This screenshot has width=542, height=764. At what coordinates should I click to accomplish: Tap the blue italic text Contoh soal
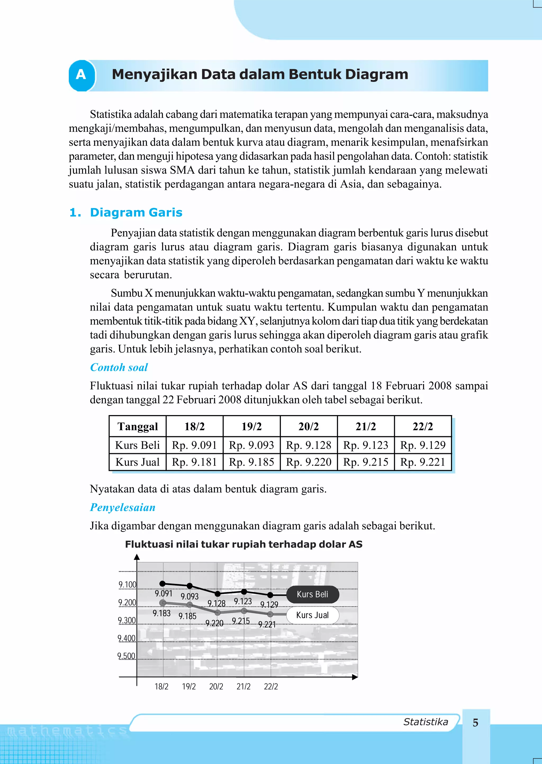pyautogui.click(x=119, y=367)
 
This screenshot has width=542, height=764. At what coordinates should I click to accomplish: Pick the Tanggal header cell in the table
pyautogui.click(x=138, y=426)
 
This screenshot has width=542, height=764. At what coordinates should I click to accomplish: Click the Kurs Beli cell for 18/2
pyautogui.click(x=194, y=445)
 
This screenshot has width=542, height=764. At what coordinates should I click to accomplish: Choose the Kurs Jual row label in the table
pyautogui.click(x=138, y=462)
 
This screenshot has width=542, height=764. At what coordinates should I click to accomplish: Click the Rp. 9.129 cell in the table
pyautogui.click(x=423, y=445)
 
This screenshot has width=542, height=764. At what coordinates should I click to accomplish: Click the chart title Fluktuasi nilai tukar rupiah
pyautogui.click(x=244, y=544)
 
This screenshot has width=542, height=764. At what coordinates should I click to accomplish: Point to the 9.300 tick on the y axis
pyautogui.click(x=127, y=621)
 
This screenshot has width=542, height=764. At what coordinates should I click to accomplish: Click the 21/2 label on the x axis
pyautogui.click(x=243, y=686)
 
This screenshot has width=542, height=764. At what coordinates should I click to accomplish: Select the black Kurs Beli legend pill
pyautogui.click(x=312, y=595)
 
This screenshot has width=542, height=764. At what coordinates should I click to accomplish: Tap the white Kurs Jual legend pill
pyautogui.click(x=312, y=615)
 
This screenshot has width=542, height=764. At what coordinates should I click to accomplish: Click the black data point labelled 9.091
pyautogui.click(x=162, y=584)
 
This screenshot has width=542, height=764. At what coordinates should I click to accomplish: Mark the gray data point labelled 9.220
pyautogui.click(x=218, y=613)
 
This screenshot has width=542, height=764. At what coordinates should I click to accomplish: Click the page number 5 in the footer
pyautogui.click(x=476, y=723)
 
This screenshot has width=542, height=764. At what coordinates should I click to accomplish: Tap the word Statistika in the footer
pyautogui.click(x=426, y=722)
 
